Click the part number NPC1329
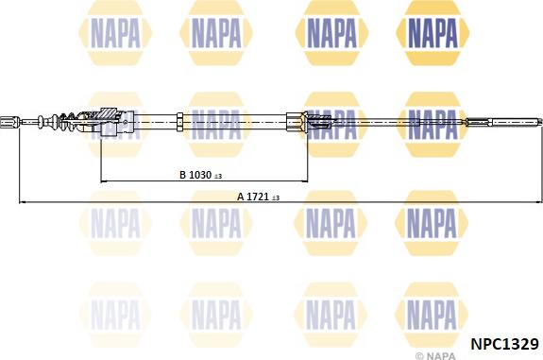[504, 344]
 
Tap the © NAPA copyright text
[435, 355]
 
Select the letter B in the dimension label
[183, 175]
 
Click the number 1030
[200, 175]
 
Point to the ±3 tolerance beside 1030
[218, 177]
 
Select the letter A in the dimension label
[241, 197]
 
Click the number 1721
[258, 197]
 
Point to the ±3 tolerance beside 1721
[276, 198]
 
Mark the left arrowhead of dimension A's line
[22, 201]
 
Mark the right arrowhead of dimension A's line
[538, 201]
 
